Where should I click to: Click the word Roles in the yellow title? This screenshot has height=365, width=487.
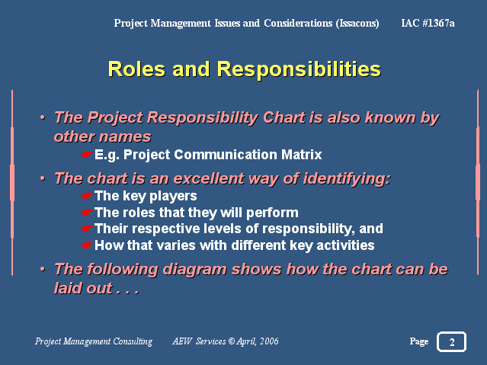tap(136, 69)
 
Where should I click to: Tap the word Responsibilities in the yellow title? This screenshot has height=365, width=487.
tap(299, 70)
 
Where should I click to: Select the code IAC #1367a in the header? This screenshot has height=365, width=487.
tap(428, 23)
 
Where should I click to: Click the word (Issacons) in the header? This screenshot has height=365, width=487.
tap(357, 24)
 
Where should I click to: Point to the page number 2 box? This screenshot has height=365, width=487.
tap(452, 341)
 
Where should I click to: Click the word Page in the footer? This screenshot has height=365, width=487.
tap(419, 341)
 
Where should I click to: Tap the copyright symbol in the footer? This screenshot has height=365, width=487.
tap(232, 341)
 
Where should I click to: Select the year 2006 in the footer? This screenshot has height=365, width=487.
tap(269, 341)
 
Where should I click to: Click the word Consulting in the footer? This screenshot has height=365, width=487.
tap(133, 341)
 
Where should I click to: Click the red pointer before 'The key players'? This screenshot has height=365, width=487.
tap(87, 196)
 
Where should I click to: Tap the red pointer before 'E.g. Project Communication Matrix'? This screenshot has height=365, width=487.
tap(87, 155)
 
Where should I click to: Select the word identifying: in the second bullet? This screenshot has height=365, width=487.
tap(347, 179)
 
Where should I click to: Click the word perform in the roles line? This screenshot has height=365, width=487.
tap(272, 213)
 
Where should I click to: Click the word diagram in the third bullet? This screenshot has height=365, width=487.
tap(194, 270)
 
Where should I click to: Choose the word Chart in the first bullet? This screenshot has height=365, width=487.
tap(284, 118)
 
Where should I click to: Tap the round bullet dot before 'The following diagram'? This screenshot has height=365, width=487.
tap(43, 269)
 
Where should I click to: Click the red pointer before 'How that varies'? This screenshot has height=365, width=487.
tap(87, 245)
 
